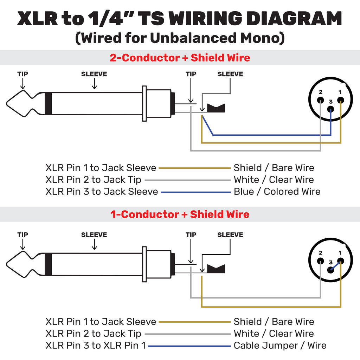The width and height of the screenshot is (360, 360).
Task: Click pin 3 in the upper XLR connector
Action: pos(330,109)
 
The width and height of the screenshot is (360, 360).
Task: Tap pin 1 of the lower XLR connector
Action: pos(340,261)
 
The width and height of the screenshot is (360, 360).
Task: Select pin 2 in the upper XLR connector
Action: pos(321,100)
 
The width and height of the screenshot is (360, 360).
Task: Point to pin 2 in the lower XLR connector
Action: pos(321,261)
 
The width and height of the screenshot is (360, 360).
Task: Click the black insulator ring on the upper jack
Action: pos(48,104)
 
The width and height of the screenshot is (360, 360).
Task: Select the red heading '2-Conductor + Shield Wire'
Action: pos(180,58)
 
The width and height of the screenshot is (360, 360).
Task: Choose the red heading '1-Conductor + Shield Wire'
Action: pos(180,214)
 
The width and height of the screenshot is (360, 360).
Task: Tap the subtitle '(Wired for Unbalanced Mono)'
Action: pos(180,38)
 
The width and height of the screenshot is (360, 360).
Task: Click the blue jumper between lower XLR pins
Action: pos(335,265)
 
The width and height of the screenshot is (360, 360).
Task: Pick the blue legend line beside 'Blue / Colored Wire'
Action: pos(195,192)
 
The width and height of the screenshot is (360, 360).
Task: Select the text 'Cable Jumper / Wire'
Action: pos(280,345)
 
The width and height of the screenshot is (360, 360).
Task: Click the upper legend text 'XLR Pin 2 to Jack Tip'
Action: pos(93,180)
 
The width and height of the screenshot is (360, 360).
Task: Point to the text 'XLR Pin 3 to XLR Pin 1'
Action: pos(96,345)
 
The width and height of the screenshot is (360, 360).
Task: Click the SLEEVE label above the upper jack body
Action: pos(94,74)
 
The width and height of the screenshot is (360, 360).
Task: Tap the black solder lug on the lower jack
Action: pos(216,269)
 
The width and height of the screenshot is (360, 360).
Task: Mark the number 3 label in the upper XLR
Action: pos(330,101)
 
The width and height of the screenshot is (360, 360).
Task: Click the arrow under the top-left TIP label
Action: pos(23,83)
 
